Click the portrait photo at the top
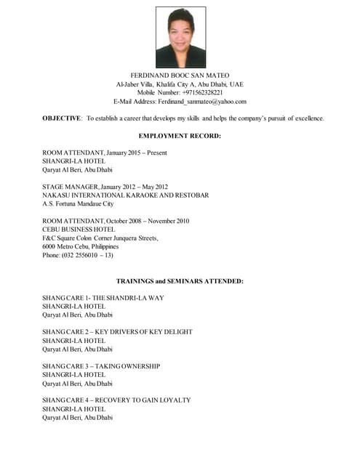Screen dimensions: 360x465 coord(180,37)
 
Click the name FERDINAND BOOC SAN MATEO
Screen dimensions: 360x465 coord(180,76)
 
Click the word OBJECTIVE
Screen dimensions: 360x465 coord(62,118)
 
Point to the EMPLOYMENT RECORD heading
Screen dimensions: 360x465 coord(180,136)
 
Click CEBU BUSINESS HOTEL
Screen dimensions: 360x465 coord(81,230)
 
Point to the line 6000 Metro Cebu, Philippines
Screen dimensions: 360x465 coord(80,246)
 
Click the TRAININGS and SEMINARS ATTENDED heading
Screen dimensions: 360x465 coord(180,280)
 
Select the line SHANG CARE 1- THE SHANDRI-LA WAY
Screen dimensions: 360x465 coord(103,298)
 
